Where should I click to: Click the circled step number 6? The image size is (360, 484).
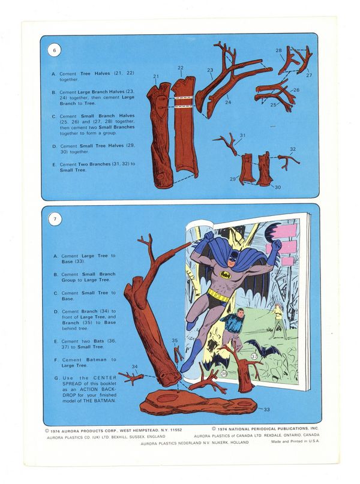(55, 50)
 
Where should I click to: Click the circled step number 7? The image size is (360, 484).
(55, 219)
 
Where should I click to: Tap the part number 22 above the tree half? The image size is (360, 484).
(181, 68)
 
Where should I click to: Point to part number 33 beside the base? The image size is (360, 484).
(266, 409)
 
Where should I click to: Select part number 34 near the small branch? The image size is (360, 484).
(134, 366)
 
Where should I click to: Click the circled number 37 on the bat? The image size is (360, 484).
(254, 356)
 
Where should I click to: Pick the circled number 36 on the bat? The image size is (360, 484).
(224, 374)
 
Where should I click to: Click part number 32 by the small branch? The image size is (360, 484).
(293, 149)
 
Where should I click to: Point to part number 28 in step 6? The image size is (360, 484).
(279, 50)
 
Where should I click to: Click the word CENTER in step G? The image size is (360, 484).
(105, 378)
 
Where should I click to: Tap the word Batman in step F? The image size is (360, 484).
(97, 360)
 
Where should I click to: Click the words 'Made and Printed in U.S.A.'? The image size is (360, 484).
(295, 441)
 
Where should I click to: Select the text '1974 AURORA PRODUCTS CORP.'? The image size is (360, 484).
(83, 430)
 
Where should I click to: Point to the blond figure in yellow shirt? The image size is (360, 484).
(278, 321)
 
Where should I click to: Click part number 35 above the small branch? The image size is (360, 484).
(175, 341)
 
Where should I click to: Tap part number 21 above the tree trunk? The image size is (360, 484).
(156, 76)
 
